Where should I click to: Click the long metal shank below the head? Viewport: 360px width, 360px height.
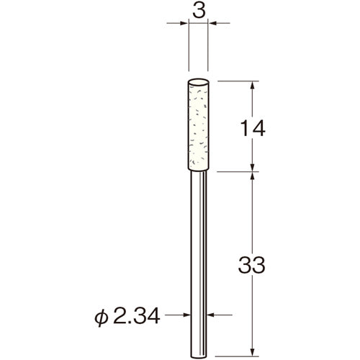[199, 252]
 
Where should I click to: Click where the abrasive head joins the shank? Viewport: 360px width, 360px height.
[199, 172]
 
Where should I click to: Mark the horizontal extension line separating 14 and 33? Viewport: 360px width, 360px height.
[238, 172]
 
